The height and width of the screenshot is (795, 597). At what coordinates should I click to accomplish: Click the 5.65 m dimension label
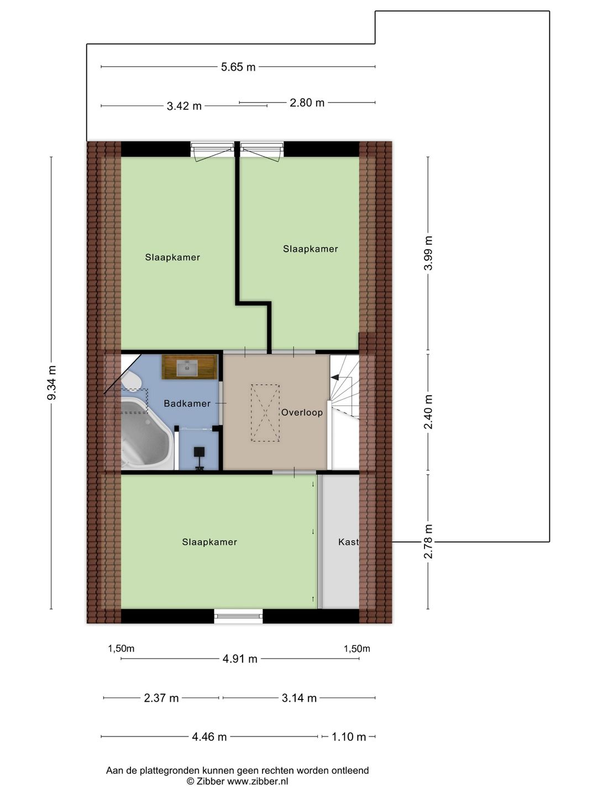[x=238, y=67]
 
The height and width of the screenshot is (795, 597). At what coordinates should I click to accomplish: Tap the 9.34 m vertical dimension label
[x=51, y=383]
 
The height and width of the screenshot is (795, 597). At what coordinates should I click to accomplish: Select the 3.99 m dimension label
[x=428, y=253]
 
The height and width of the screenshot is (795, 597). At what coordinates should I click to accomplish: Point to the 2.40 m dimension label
[x=428, y=411]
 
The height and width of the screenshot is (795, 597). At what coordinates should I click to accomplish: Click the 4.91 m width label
[x=240, y=659]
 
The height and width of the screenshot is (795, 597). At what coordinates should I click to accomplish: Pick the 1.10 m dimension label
[x=349, y=736]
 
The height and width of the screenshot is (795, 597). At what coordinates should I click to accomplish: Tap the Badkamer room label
[x=187, y=404]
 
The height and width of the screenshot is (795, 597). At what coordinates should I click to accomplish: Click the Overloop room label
[x=302, y=412]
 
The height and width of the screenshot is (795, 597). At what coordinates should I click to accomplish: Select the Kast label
[x=348, y=542]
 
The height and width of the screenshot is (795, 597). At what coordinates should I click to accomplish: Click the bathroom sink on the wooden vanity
[x=187, y=367]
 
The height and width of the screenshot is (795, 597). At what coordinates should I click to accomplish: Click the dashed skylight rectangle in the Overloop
[x=265, y=413]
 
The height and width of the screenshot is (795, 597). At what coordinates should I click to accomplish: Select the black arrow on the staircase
[x=335, y=377]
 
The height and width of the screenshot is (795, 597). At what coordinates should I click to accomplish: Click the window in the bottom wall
[x=238, y=616]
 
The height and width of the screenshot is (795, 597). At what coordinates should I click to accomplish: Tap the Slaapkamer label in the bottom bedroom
[x=210, y=542]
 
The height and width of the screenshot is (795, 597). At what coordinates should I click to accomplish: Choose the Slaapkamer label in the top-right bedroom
[x=310, y=249]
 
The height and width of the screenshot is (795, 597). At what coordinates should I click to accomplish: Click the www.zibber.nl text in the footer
[x=258, y=781]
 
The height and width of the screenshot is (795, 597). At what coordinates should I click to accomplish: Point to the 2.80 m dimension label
[x=307, y=103]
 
